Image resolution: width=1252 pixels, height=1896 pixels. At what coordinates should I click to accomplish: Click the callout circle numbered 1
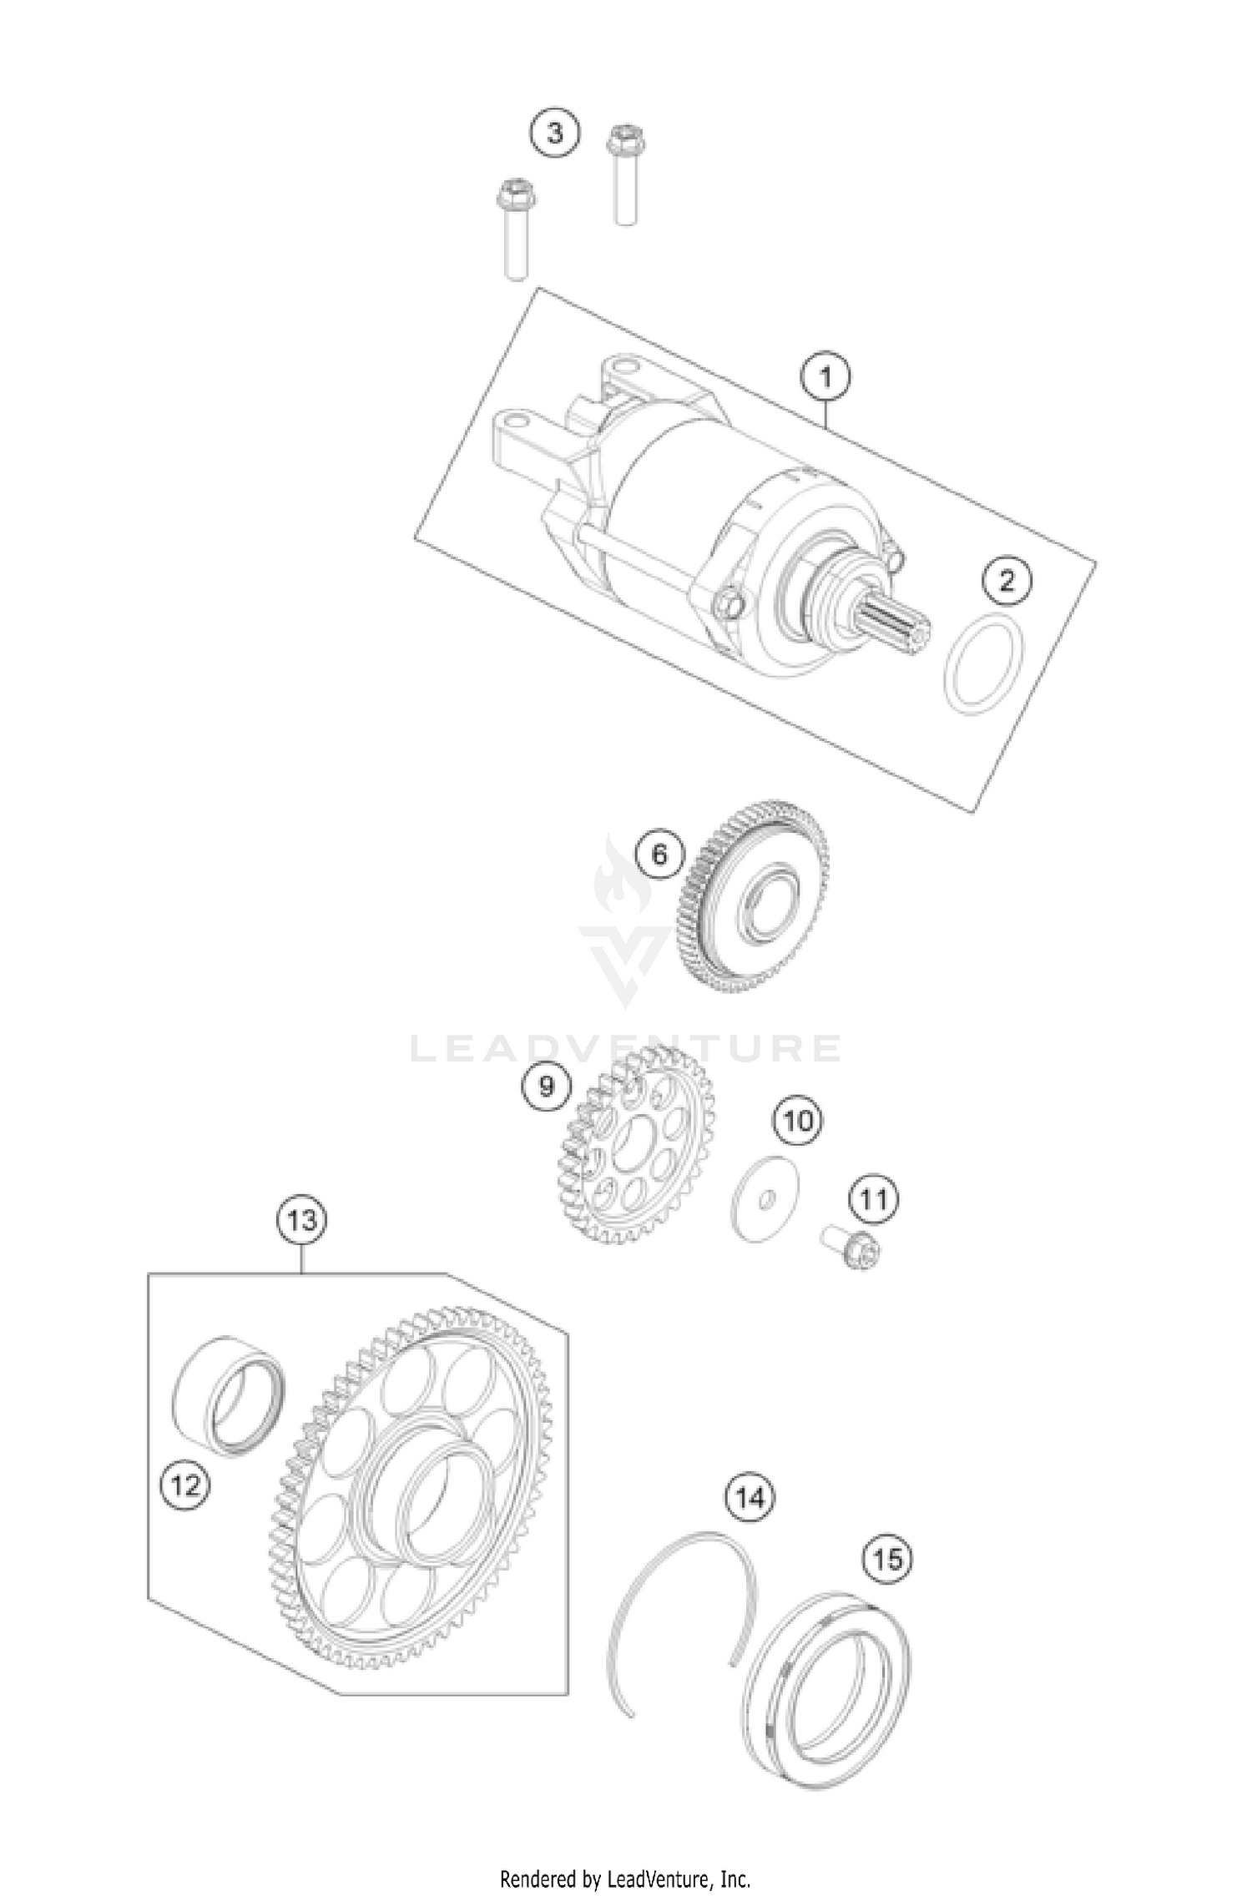[x=825, y=378]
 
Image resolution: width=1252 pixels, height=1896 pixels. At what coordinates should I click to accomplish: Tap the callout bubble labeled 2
[x=1007, y=580]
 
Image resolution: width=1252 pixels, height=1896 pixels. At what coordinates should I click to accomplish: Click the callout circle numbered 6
[x=659, y=855]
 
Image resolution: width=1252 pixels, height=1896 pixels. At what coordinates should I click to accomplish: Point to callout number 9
[x=547, y=1086]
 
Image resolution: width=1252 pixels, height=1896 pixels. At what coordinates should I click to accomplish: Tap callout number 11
[x=874, y=1200]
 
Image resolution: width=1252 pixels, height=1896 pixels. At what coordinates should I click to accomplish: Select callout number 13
[x=301, y=1221]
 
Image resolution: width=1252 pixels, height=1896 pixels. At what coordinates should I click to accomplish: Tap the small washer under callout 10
[x=764, y=1198]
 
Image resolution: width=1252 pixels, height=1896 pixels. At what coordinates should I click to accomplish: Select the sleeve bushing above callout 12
[x=228, y=1397]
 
